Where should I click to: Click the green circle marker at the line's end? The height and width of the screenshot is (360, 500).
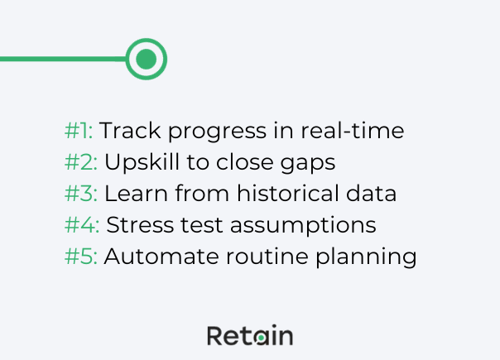tap(147, 59)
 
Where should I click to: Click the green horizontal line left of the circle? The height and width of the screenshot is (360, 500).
tap(62, 59)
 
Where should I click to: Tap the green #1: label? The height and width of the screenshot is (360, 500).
tap(79, 131)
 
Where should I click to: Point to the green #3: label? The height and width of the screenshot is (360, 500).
tap(81, 194)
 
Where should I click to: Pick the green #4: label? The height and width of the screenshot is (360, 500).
tap(82, 225)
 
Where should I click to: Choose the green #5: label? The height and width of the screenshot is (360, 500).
tap(81, 257)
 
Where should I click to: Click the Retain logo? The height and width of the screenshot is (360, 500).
tap(249, 335)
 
